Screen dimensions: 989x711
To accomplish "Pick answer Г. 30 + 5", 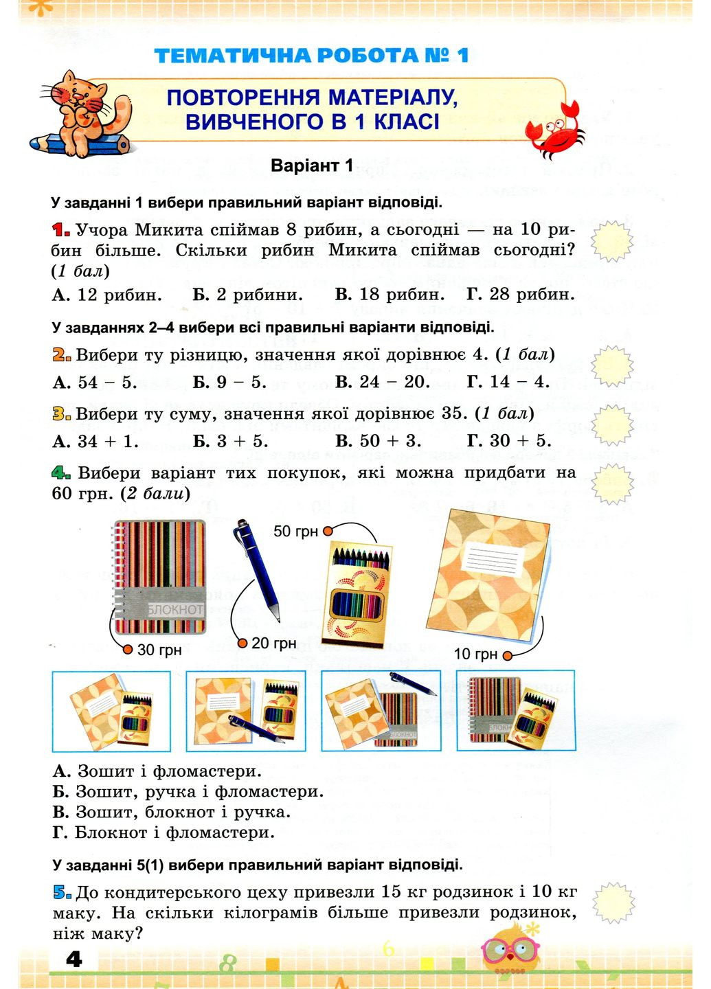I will coord(508,441).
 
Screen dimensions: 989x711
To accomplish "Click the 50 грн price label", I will coord(296,531).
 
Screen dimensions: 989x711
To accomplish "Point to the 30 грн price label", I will coord(159,650).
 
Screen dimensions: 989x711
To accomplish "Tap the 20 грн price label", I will coord(273,644).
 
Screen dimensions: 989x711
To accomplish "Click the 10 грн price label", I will coord(476,655).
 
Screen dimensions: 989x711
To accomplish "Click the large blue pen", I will coord(257,569).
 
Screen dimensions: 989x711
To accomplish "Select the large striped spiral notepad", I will coord(159,576).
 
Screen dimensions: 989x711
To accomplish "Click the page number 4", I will coord(74,959).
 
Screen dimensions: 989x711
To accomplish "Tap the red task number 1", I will coord(61,229).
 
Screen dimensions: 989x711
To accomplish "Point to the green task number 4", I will coord(61,473).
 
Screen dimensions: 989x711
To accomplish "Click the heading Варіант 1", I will coord(312,166).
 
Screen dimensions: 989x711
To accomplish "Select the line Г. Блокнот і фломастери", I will coord(163,832).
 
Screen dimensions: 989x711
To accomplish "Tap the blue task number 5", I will coord(62,893).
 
